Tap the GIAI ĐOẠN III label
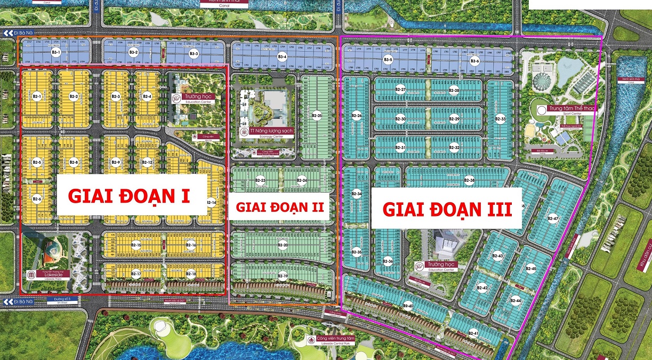point(447,209)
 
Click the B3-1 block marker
point(56,53)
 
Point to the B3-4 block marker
point(283,57)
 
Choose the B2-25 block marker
point(317,115)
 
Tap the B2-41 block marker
point(473,333)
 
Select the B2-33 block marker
point(500,119)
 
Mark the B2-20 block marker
point(283,245)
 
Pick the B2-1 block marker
point(37,96)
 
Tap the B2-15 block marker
point(136,245)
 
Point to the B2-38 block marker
point(469,181)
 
